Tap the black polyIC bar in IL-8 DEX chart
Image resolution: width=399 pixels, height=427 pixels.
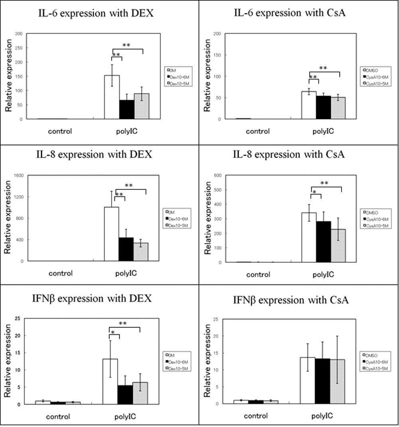pos(126,249)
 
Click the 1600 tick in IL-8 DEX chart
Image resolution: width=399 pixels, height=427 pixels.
pos(18,175)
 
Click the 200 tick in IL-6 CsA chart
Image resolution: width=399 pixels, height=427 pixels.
pos(218,34)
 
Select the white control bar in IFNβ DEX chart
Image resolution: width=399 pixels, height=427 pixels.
pos(42,403)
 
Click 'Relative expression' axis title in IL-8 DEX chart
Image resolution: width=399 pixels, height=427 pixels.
pos(7,218)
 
